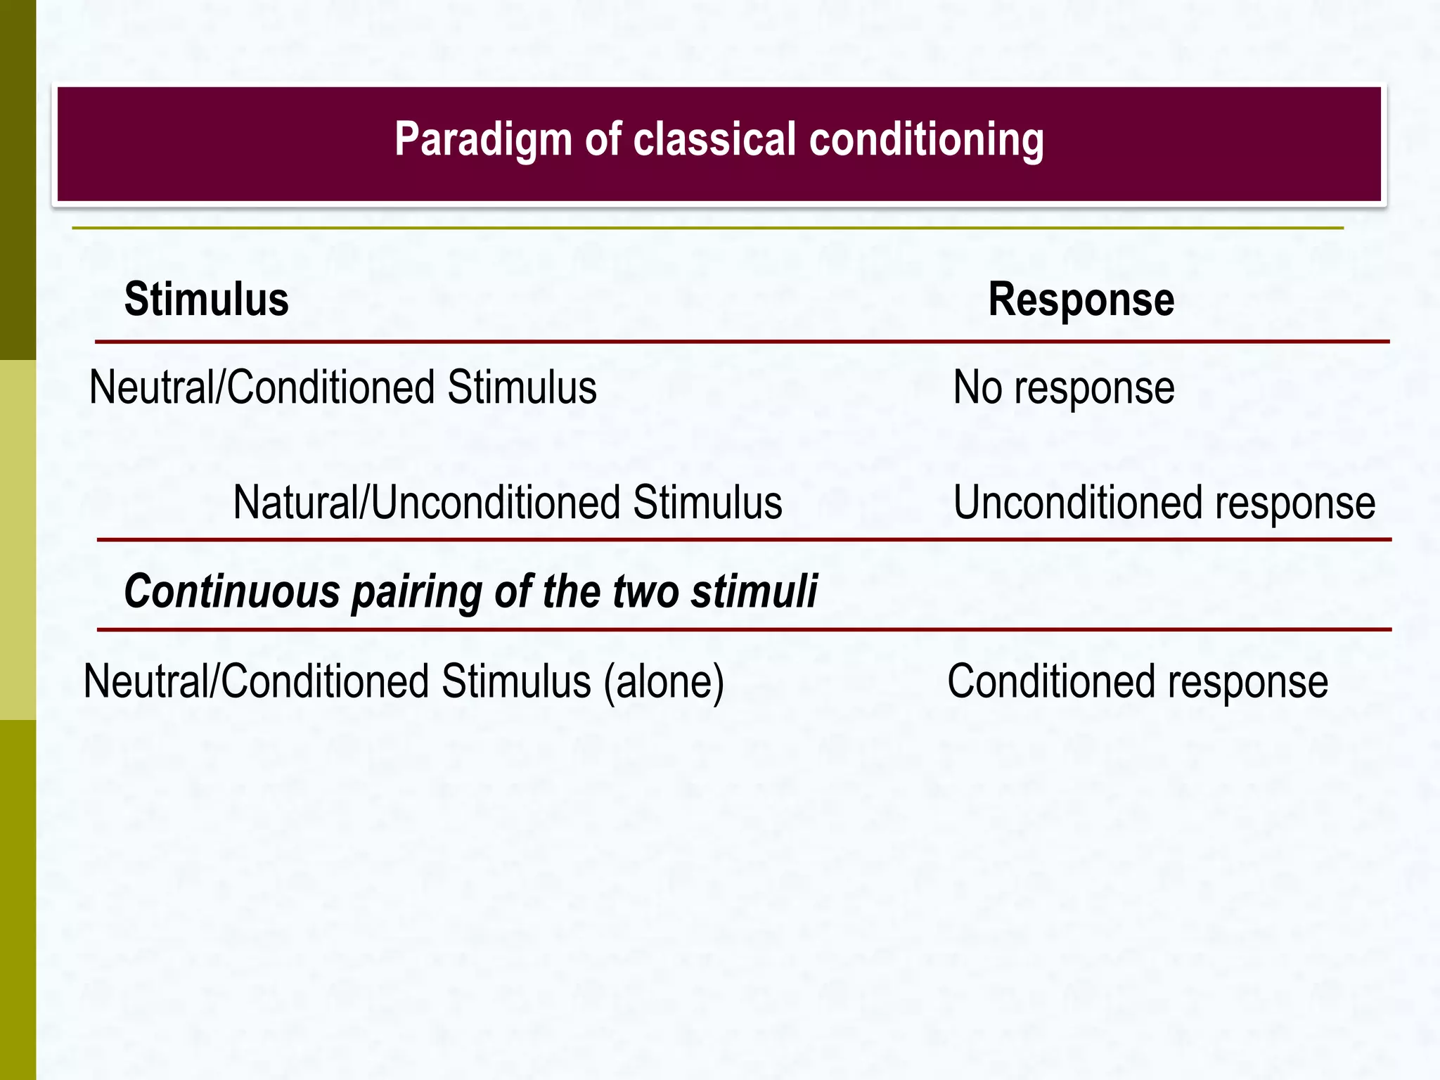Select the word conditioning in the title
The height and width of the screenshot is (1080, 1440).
pos(926,139)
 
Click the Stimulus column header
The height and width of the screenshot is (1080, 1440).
pos(206,300)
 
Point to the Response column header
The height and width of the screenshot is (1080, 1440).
pos(1081,300)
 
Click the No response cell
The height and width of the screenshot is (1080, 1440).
pos(1063,387)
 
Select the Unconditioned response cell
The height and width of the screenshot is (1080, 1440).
pos(1164,503)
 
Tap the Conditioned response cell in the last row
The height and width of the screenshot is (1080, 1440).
pos(1137,681)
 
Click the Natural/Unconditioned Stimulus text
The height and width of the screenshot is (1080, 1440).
pos(507,503)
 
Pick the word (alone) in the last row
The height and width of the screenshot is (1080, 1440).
pos(664,682)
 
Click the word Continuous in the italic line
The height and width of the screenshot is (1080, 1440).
pos(232,591)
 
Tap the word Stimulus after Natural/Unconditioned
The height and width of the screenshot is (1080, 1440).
pos(707,503)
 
